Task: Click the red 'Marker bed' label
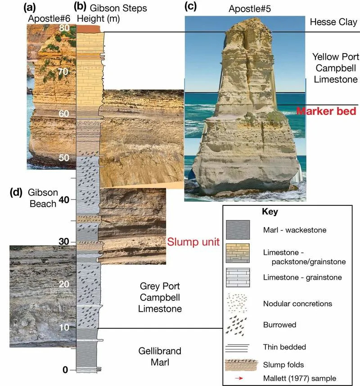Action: pos(326,111)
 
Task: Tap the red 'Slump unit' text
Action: pos(193,242)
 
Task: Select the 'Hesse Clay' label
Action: pos(333,22)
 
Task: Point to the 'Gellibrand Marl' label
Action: pos(160,356)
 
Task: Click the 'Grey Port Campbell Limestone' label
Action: pos(160,297)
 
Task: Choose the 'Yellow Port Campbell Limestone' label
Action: pos(336,68)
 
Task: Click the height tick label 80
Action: pos(64,27)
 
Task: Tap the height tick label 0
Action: pos(65,369)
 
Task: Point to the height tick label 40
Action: pos(64,200)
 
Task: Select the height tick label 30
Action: pos(64,241)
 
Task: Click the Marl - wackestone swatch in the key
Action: pos(238,230)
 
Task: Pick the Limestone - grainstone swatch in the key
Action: pos(238,277)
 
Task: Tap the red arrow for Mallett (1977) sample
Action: pos(239,378)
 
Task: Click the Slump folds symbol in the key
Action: pos(241,365)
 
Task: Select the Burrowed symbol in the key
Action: pos(236,326)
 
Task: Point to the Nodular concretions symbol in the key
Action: pos(237,303)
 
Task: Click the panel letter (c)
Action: pos(190,6)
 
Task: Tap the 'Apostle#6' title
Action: pos(49,18)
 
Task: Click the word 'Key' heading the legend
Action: pos(270,211)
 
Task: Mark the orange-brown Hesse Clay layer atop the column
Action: pos(89,29)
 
